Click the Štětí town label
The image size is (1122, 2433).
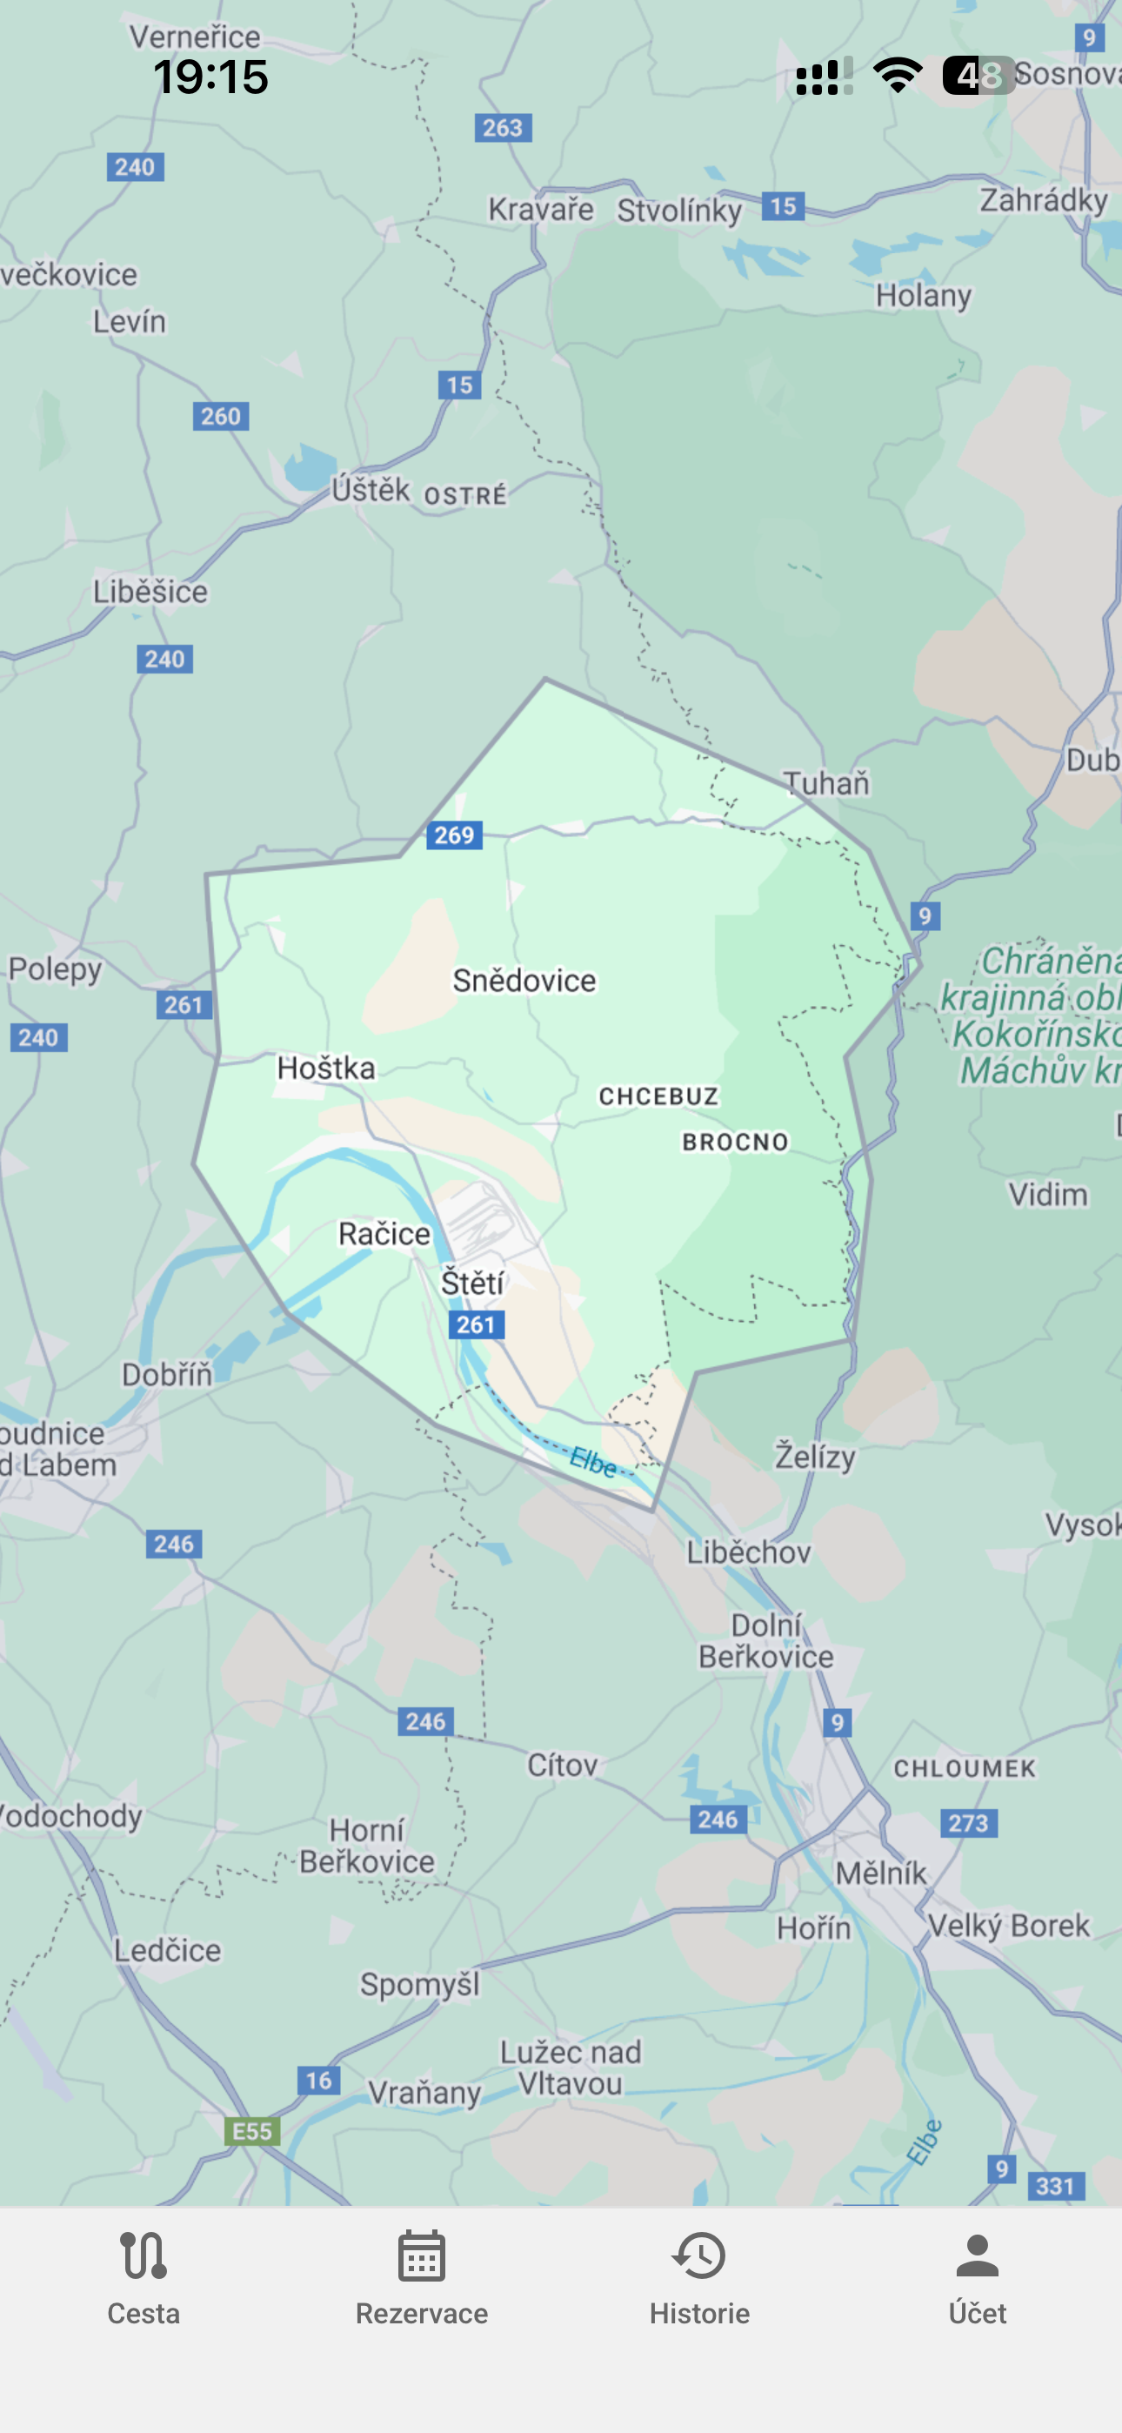(x=472, y=1283)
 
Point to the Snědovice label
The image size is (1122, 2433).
(x=524, y=981)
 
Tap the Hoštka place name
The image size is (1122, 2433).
(x=326, y=1069)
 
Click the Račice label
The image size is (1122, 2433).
(x=384, y=1234)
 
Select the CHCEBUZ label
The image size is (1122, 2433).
(x=659, y=1096)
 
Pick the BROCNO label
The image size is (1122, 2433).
(x=736, y=1142)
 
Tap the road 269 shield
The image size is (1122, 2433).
(x=454, y=834)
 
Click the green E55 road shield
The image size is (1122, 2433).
(x=252, y=2132)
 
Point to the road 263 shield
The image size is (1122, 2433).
(x=503, y=128)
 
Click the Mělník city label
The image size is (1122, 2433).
(x=881, y=1872)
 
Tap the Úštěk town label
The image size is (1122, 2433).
(x=371, y=489)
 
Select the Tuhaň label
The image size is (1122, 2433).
(x=826, y=783)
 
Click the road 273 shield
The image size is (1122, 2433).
(x=968, y=1823)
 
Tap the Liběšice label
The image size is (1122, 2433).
(x=150, y=593)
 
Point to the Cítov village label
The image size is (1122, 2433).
(x=563, y=1765)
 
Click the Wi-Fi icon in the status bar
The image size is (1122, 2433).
(x=898, y=76)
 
